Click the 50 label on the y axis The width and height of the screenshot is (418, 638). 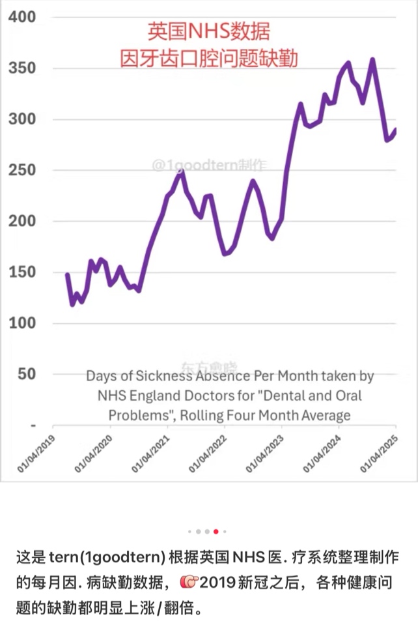(x=26, y=374)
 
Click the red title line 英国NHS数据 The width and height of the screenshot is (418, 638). (x=208, y=31)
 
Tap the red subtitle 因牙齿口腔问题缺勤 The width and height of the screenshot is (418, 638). (x=208, y=59)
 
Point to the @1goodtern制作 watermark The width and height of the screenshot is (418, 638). (x=209, y=166)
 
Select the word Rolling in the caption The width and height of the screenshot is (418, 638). (x=205, y=415)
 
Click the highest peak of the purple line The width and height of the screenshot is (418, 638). (x=372, y=59)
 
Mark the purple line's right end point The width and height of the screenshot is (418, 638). (x=395, y=130)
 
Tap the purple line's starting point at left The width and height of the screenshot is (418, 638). (x=67, y=274)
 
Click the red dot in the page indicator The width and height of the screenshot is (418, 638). (x=216, y=531)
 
